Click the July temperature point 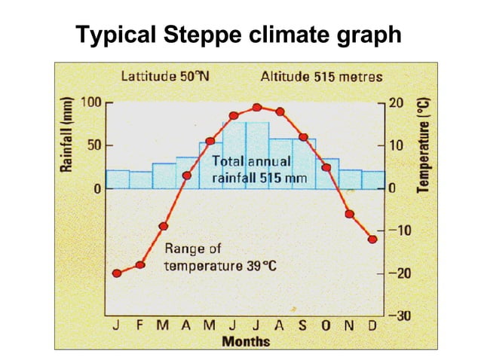pos(257,108)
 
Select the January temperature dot pos(117,273)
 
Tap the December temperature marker pos(372,239)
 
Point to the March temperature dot pos(164,226)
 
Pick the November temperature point pos(349,214)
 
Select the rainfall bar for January pos(117,178)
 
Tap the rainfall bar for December pos(372,179)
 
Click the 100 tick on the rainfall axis pos(91,102)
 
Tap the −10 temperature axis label pos(399,230)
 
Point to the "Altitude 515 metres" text pos(321,76)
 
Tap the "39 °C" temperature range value pos(265,268)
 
